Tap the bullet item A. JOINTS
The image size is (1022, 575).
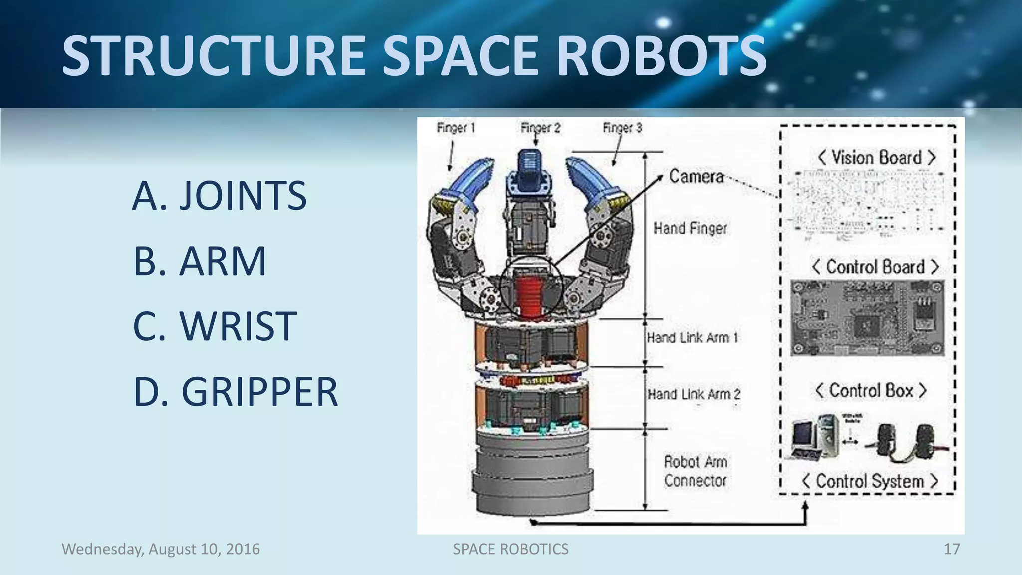220,195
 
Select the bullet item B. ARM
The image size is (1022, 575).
200,261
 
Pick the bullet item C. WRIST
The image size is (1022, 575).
215,326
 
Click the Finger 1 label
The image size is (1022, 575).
456,128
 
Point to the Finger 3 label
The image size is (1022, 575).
622,128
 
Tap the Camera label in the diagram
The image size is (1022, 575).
696,176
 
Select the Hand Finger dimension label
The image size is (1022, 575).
690,228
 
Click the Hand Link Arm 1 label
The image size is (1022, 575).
692,338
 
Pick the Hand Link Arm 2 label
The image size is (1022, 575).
694,394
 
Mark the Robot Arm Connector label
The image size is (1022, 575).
695,471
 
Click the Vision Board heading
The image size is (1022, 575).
876,158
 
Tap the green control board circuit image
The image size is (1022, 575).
867,318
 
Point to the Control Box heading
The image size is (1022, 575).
871,391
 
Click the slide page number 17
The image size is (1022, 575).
951,549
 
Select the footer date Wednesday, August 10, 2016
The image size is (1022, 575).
161,549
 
